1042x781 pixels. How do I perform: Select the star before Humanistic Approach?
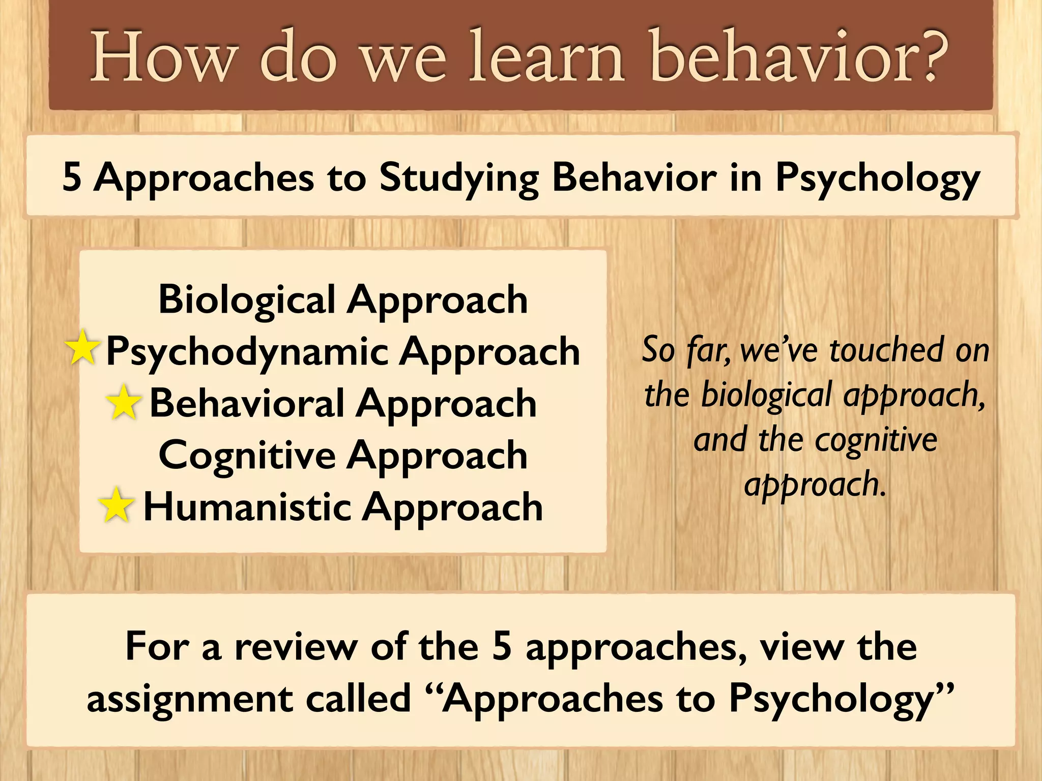(117, 505)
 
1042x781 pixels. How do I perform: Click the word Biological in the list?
(247, 300)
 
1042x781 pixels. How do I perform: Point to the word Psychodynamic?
(247, 352)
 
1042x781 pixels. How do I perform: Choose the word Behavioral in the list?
(247, 403)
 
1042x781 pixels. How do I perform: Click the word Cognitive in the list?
(247, 455)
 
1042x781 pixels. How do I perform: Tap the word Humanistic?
(247, 507)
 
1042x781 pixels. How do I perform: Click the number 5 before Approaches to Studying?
(72, 177)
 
